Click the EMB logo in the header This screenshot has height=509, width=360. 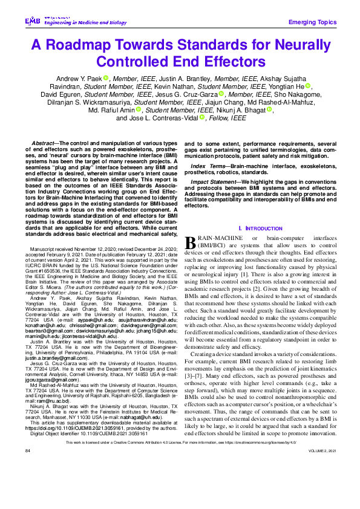pos(32,21)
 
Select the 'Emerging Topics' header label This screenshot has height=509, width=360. pos(312,22)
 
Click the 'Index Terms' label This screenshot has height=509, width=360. pos(208,166)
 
